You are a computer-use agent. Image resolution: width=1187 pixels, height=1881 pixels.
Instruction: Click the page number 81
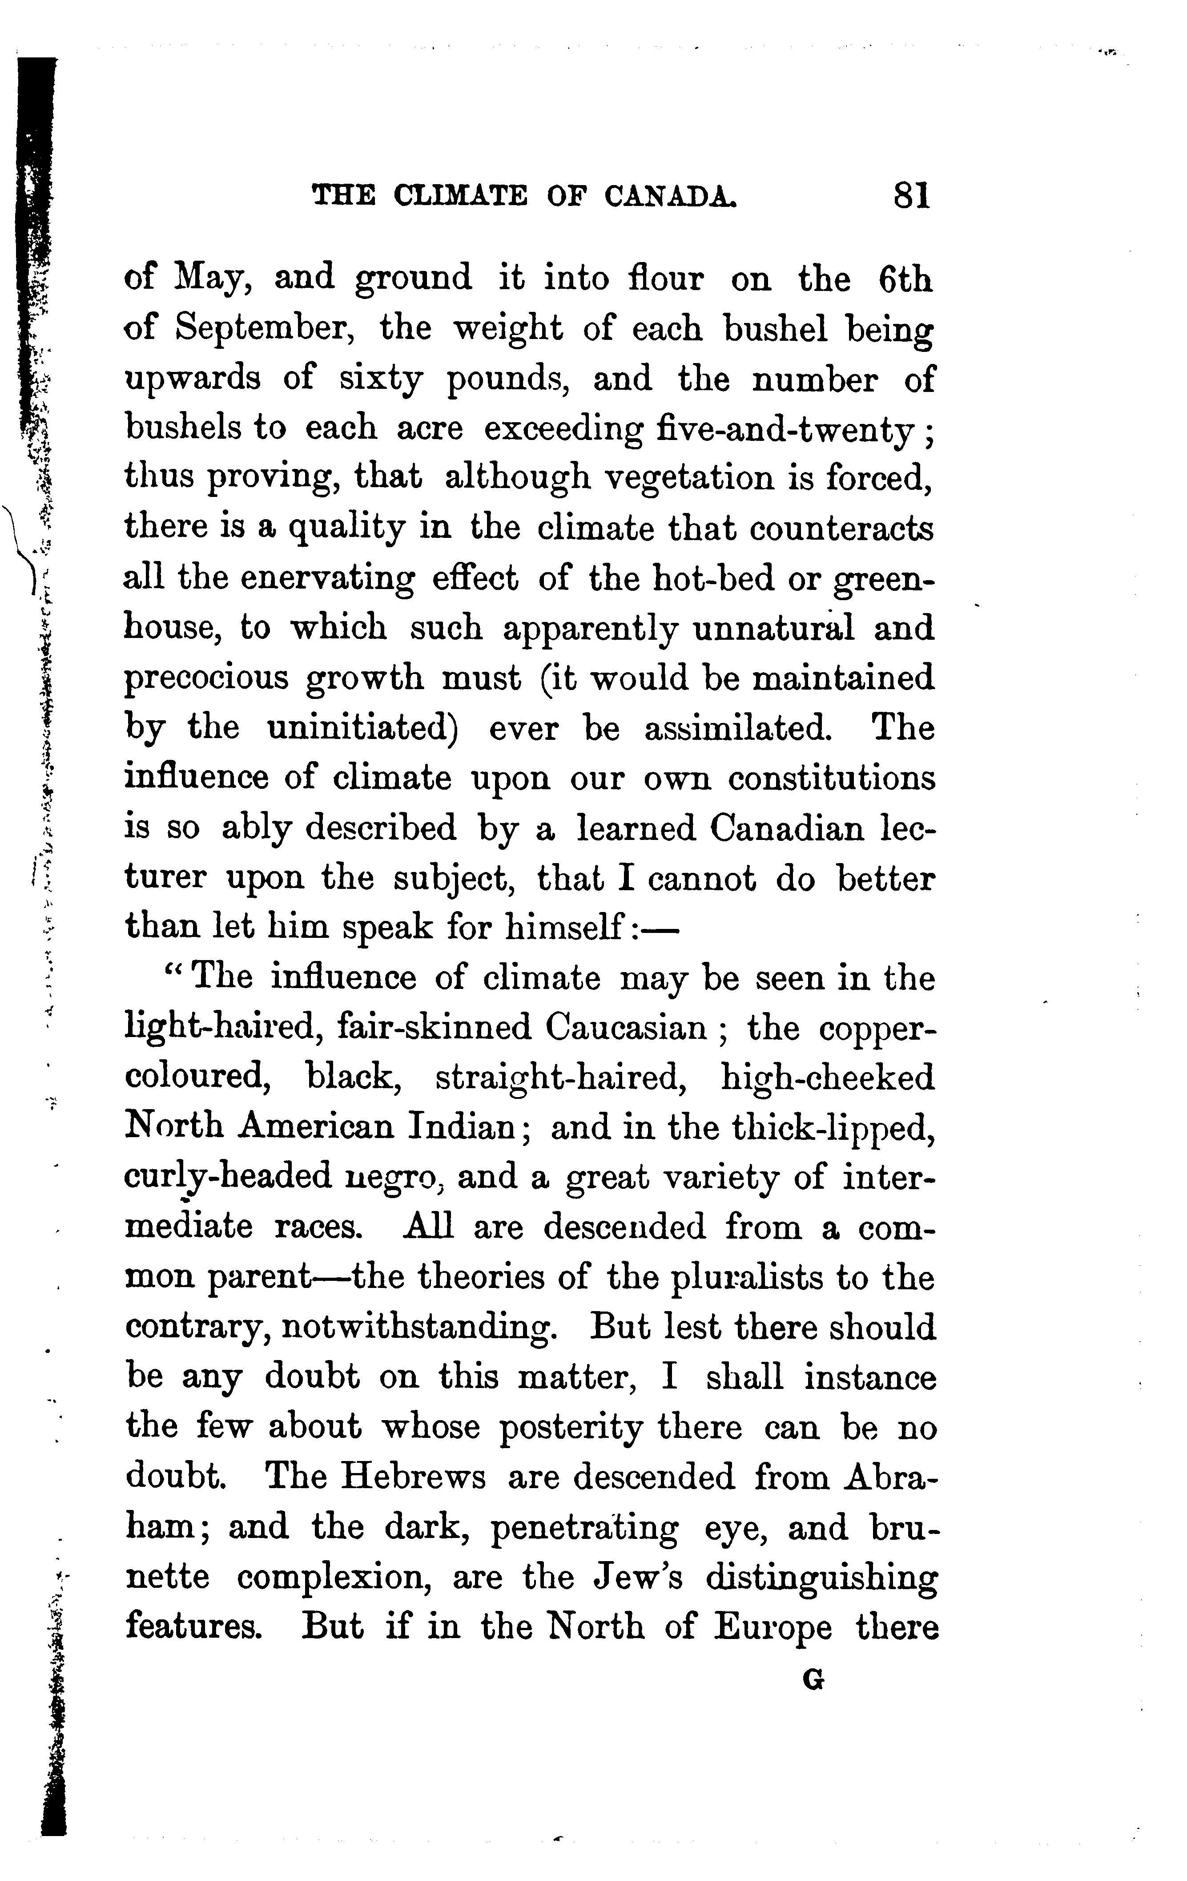pyautogui.click(x=912, y=195)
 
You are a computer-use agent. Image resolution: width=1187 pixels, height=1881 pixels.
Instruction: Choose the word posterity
pyautogui.click(x=571, y=1427)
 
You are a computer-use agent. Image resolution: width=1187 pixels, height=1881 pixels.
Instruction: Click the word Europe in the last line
pyautogui.click(x=773, y=1628)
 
